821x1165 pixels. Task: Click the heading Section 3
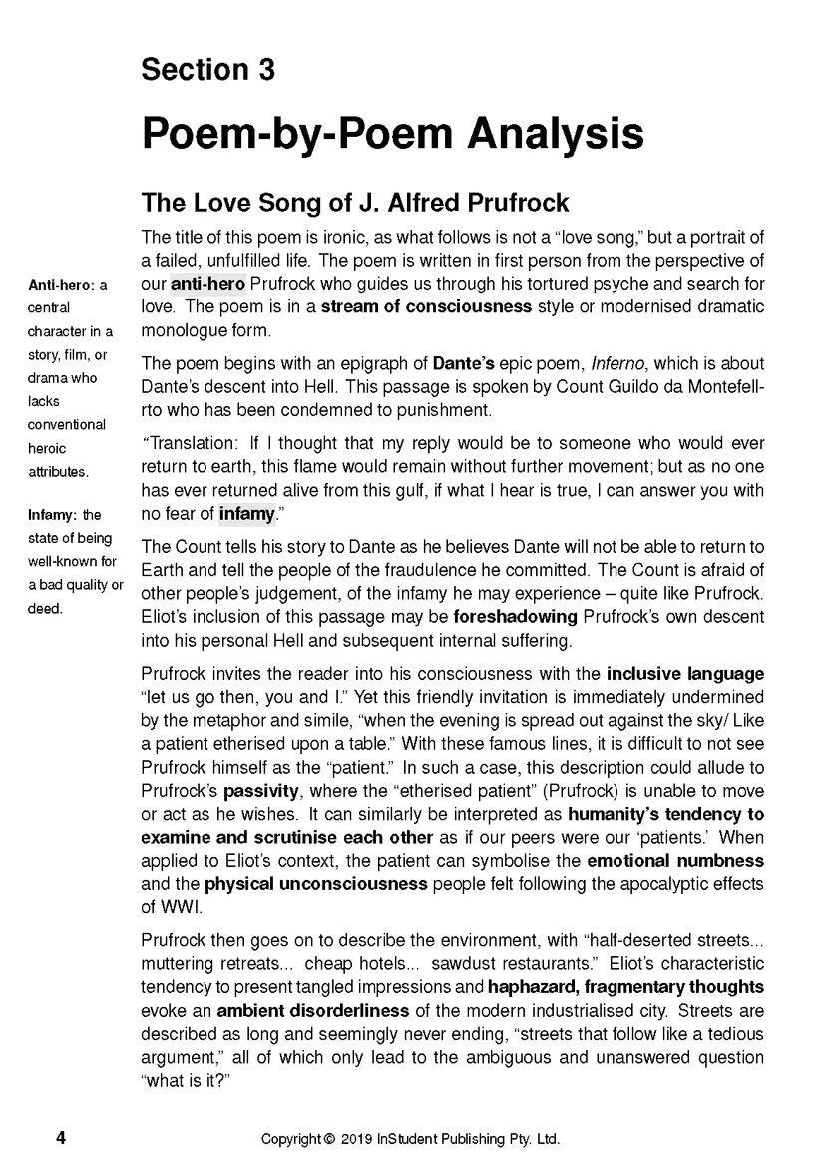click(207, 70)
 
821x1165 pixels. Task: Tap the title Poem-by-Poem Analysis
click(392, 133)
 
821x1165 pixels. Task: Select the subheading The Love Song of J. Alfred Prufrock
click(355, 203)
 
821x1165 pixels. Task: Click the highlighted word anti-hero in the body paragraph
click(207, 285)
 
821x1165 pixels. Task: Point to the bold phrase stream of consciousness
click(426, 306)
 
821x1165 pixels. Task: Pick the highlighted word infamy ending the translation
click(244, 514)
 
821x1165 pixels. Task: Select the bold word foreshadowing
click(516, 617)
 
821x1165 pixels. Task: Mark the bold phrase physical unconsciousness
click(316, 883)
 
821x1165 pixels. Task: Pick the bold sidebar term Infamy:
click(54, 515)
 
